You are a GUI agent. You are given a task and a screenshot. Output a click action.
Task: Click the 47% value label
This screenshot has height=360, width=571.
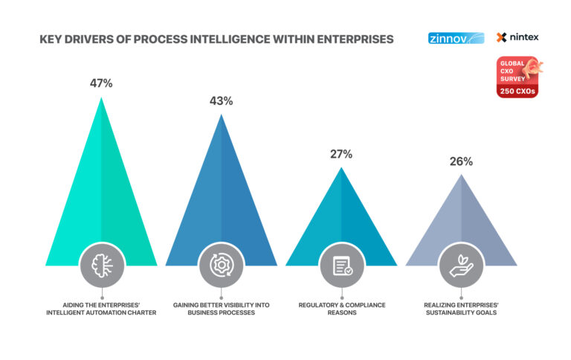[x=101, y=83]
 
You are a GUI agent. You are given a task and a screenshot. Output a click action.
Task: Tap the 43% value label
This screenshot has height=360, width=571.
[x=221, y=101]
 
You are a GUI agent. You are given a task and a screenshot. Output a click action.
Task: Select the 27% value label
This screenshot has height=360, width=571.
[x=341, y=155]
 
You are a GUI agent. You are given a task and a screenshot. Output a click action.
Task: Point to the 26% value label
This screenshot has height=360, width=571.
[x=461, y=161]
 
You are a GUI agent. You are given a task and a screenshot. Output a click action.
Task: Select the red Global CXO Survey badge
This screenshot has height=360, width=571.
[x=518, y=78]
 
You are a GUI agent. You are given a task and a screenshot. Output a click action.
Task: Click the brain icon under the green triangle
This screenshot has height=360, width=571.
[x=100, y=265]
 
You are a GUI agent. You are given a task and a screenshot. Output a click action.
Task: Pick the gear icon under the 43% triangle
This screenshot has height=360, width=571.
[x=221, y=265]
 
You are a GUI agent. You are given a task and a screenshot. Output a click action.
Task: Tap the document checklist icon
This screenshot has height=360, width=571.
[x=341, y=265]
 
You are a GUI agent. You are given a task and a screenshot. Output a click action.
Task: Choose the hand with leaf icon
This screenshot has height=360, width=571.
[x=461, y=265]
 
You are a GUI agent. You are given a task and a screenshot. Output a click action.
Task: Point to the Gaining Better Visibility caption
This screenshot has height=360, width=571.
[x=221, y=309]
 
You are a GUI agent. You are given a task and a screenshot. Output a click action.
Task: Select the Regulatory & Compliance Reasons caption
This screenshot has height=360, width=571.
[x=341, y=309]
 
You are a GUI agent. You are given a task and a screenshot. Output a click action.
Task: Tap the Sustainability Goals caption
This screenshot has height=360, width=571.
[x=461, y=309]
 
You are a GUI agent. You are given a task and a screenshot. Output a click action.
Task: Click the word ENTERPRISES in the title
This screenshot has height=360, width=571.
[x=347, y=38]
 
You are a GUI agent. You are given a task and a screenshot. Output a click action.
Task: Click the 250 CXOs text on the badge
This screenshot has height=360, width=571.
[x=517, y=91]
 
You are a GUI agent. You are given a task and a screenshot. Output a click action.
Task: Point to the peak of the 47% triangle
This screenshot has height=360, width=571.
[x=101, y=97]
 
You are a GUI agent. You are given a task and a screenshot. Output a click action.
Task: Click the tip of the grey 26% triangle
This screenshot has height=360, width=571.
[x=461, y=175]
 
